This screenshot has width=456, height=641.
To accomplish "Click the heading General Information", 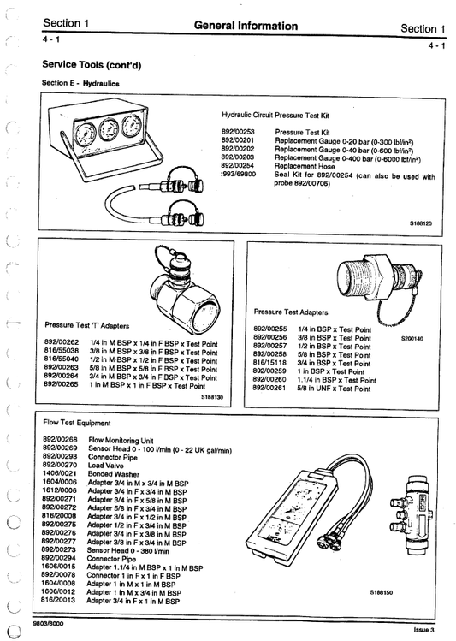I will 246,27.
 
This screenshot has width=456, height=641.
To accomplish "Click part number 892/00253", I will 238,133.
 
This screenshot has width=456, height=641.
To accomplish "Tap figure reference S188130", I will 211,397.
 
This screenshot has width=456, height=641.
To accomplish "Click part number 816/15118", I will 269,363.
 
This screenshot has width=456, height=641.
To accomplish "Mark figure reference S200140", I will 411,339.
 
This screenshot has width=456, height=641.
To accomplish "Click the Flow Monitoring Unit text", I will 122,439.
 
